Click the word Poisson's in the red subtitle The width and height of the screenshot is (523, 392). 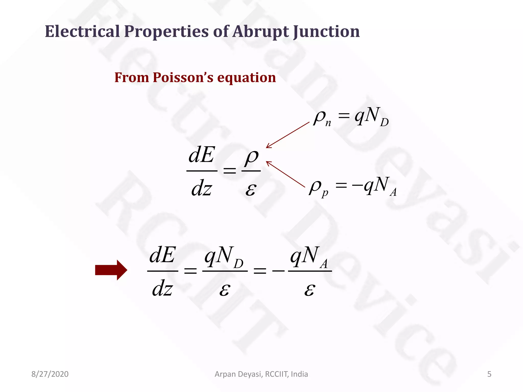click(x=183, y=77)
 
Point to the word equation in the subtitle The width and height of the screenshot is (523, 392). click(x=246, y=77)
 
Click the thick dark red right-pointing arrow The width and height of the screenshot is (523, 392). click(x=111, y=270)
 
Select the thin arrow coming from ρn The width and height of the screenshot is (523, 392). click(x=288, y=135)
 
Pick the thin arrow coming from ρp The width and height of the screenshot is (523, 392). click(x=286, y=174)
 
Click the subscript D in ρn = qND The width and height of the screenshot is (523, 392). click(x=384, y=122)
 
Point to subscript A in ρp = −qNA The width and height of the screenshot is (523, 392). click(x=393, y=192)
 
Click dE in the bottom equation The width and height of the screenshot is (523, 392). click(x=162, y=255)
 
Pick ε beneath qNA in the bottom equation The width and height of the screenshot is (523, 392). click(x=310, y=290)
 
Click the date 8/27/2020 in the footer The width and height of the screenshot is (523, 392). click(x=50, y=374)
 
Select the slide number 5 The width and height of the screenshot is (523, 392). click(x=489, y=374)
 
